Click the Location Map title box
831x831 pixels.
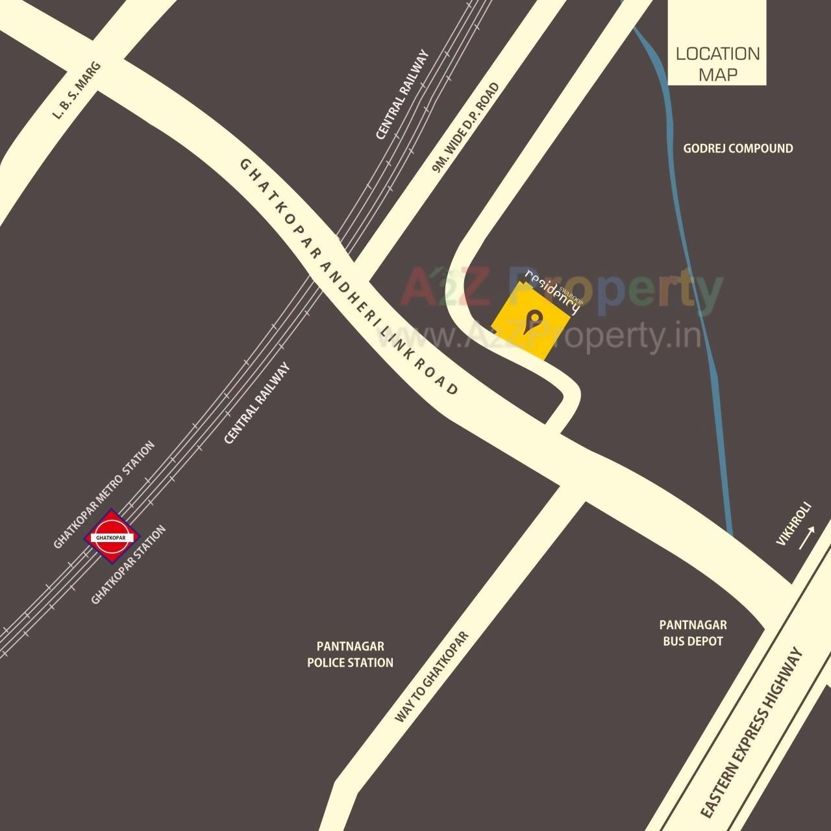717,63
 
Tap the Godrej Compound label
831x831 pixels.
738,149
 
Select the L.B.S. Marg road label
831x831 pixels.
77,91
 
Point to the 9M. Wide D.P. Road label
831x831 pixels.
466,128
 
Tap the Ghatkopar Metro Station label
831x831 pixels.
105,495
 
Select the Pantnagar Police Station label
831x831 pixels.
350,654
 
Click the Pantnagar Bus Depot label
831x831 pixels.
693,633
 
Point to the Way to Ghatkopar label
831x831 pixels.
432,676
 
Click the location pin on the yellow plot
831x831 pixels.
534,317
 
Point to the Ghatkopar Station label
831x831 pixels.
129,564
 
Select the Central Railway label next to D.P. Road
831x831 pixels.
403,95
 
